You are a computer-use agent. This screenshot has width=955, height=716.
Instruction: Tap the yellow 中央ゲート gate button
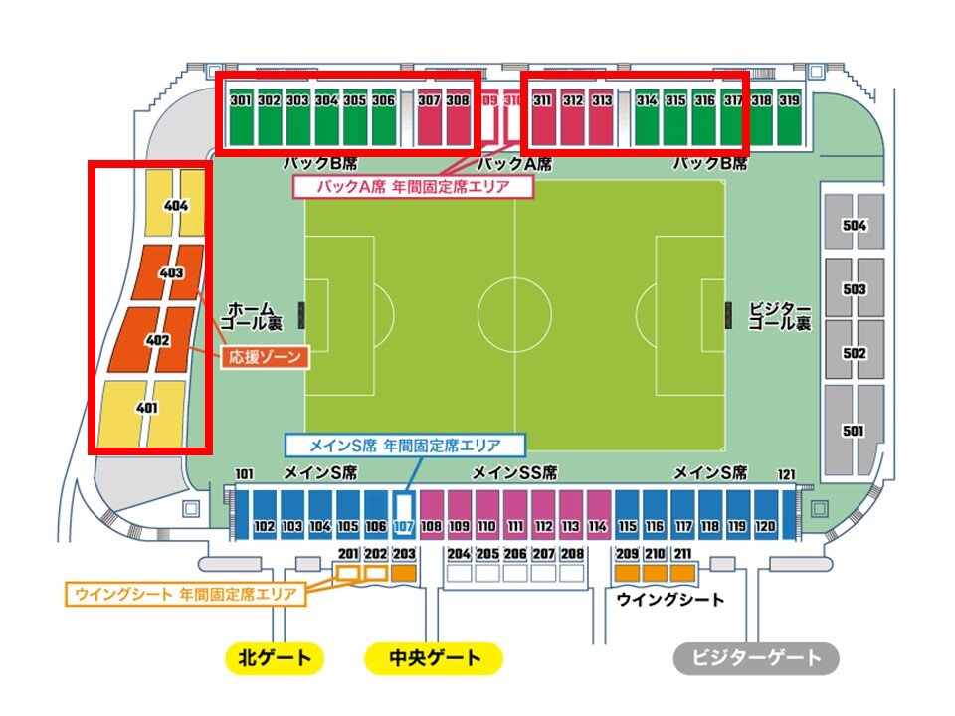[x=433, y=658]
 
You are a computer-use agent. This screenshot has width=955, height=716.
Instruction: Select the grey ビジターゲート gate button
[x=757, y=658]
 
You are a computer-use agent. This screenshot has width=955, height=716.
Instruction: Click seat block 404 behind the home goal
[x=177, y=206]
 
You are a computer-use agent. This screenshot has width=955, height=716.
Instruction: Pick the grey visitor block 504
[x=854, y=225]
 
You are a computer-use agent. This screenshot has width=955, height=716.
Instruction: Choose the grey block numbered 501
[x=854, y=430]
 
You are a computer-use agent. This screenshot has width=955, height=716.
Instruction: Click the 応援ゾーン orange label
[x=265, y=355]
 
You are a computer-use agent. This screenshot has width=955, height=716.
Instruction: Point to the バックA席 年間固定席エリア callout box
[x=413, y=186]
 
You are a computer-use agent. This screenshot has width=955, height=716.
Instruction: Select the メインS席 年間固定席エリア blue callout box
[x=405, y=446]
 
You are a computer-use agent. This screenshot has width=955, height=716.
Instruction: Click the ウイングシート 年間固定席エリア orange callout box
[x=186, y=595]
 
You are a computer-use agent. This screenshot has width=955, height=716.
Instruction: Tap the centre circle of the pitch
[x=514, y=313]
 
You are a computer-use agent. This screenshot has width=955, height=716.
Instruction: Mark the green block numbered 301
[x=240, y=119]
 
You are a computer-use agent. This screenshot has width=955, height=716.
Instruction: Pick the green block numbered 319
[x=789, y=119]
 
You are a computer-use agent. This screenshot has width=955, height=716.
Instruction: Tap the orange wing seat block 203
[x=404, y=573]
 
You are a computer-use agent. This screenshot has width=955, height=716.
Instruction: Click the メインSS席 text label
[x=514, y=472]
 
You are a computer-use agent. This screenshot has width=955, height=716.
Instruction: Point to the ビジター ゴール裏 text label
[x=779, y=316]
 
